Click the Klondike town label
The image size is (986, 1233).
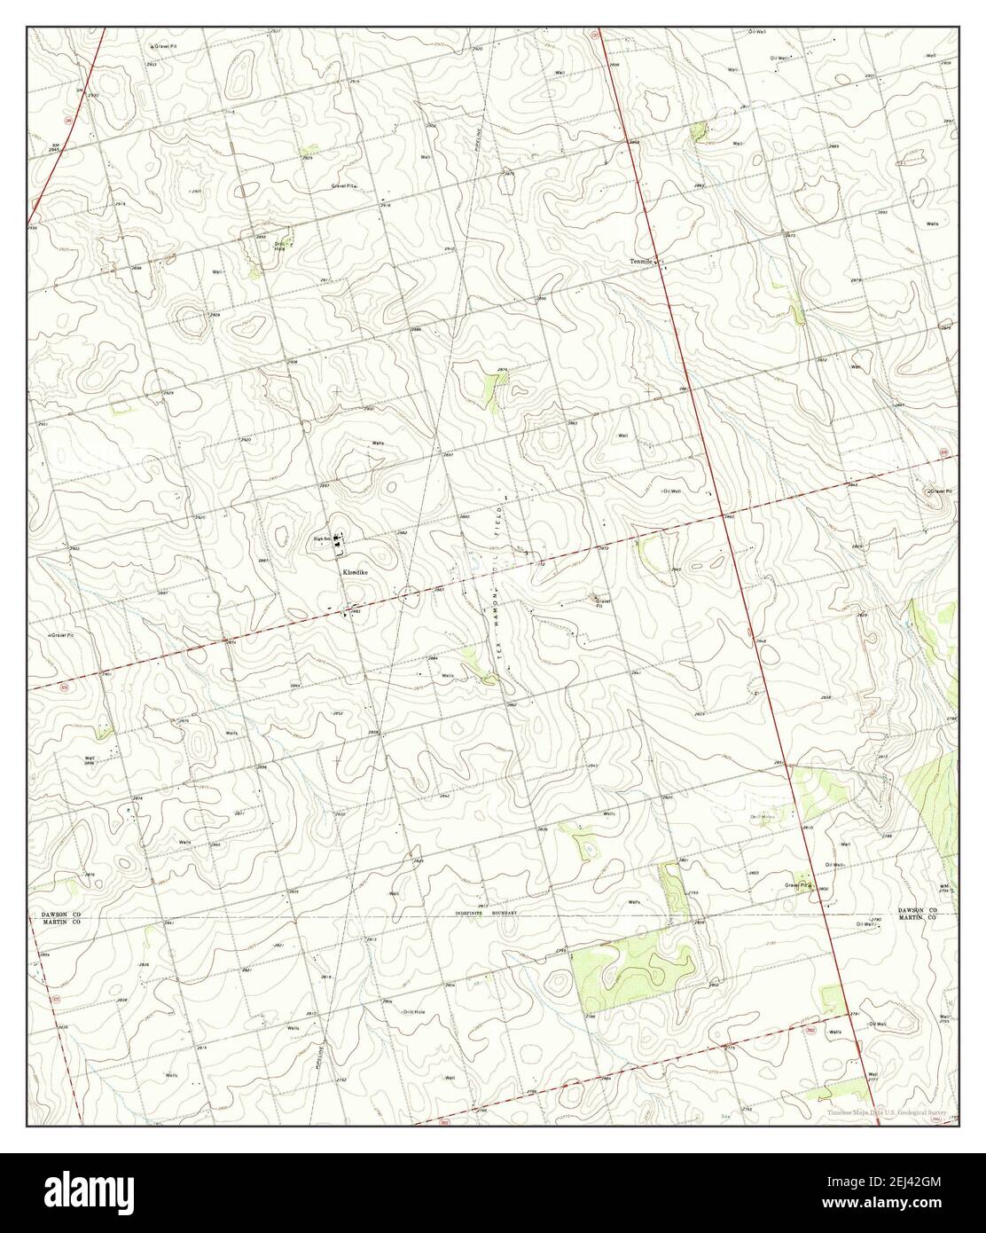354,573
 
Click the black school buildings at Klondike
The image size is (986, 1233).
340,541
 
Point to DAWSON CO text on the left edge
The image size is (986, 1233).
60,913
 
